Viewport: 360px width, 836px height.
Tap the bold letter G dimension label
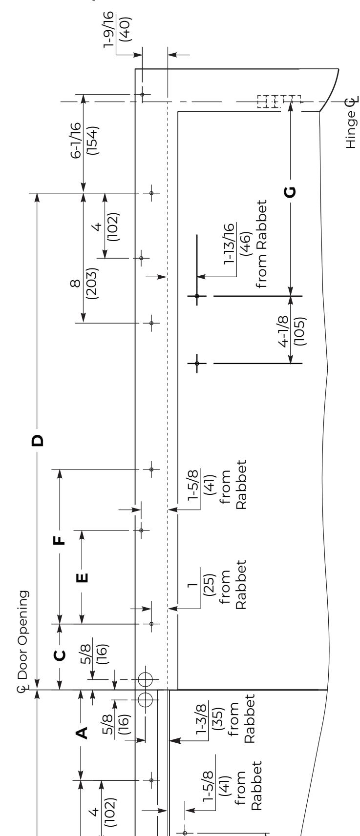[290, 192]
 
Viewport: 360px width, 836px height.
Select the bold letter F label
[60, 540]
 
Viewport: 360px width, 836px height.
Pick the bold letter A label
[82, 733]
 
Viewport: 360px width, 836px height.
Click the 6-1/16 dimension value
[75, 140]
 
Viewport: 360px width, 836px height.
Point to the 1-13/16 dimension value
[229, 244]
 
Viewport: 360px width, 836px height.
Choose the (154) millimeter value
[92, 141]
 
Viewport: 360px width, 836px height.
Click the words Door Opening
[22, 634]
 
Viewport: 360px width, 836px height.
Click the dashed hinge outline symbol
[279, 102]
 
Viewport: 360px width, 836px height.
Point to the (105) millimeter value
[300, 331]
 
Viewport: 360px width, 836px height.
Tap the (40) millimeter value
[125, 29]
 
